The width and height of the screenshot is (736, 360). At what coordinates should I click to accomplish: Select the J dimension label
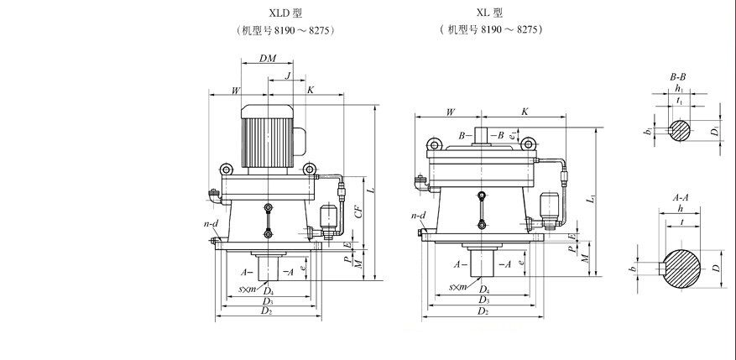288,76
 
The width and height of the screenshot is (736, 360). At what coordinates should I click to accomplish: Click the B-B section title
678,77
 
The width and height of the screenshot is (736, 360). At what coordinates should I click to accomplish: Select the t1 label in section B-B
678,101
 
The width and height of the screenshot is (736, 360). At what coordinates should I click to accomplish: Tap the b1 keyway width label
647,131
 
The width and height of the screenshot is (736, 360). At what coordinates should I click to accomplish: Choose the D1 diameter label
715,130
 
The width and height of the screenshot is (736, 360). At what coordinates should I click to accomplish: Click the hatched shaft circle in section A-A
681,269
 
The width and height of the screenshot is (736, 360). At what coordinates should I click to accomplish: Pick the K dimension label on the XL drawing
525,111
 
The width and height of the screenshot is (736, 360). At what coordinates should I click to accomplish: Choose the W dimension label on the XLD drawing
236,90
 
